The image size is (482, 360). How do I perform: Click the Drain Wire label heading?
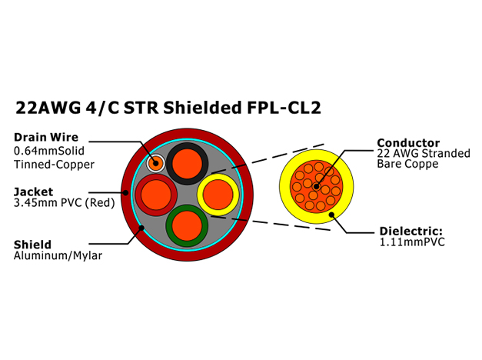pos(46,137)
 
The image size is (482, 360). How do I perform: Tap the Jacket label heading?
pos(34,192)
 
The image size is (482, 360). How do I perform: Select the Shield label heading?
pos(32,245)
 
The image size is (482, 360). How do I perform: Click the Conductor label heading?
pos(408,143)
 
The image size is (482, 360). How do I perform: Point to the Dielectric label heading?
pos(411,231)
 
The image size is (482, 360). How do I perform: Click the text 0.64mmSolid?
pos(49,151)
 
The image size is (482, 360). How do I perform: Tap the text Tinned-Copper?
pos(54,165)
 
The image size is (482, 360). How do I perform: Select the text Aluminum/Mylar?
pos(58,255)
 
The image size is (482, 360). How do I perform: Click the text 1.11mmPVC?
pos(412,242)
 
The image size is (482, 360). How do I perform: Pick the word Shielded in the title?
pos(203,108)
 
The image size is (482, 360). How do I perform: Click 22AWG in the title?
pos(48,108)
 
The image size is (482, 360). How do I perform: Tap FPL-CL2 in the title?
pos(284,108)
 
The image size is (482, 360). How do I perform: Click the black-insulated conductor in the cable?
pos(188,164)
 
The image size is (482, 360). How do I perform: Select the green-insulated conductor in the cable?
pos(187,226)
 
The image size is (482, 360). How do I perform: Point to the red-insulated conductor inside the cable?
pos(156,195)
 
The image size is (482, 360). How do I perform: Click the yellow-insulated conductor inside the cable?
pos(218,195)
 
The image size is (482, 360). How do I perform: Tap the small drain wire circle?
pos(155,163)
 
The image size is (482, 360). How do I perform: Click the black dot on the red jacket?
pos(126,193)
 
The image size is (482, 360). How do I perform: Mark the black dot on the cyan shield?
pos(141,228)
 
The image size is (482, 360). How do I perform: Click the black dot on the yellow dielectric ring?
pos(331,215)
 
